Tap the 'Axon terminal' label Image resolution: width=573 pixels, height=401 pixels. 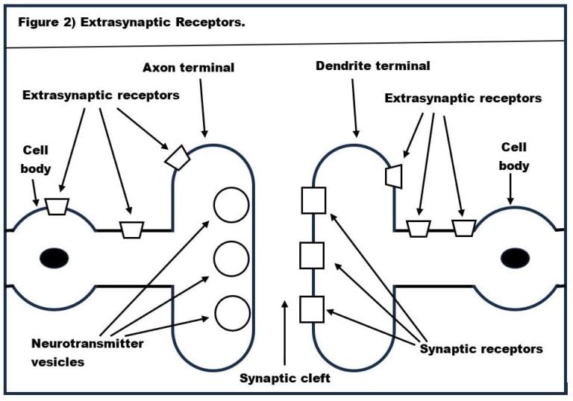188,68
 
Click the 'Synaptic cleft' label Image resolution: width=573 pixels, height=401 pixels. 285,378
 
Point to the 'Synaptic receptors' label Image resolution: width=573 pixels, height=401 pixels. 481,348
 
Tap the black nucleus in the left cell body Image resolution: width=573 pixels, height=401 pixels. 52,258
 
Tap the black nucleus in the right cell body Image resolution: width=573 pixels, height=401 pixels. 516,258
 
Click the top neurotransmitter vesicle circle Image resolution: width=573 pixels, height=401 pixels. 231,203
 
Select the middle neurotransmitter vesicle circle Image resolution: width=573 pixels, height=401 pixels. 231,258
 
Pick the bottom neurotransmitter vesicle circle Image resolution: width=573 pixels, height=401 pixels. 231,312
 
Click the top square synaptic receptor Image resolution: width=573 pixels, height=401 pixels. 312,201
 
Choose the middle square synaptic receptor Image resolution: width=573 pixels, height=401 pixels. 312,256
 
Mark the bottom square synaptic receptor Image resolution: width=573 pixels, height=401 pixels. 312,309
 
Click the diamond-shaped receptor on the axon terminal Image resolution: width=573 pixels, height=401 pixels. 178,157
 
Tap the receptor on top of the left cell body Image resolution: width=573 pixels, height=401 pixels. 57,206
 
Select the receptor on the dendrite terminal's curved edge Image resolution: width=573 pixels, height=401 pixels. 393,176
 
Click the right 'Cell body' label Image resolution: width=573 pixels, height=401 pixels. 515,157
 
